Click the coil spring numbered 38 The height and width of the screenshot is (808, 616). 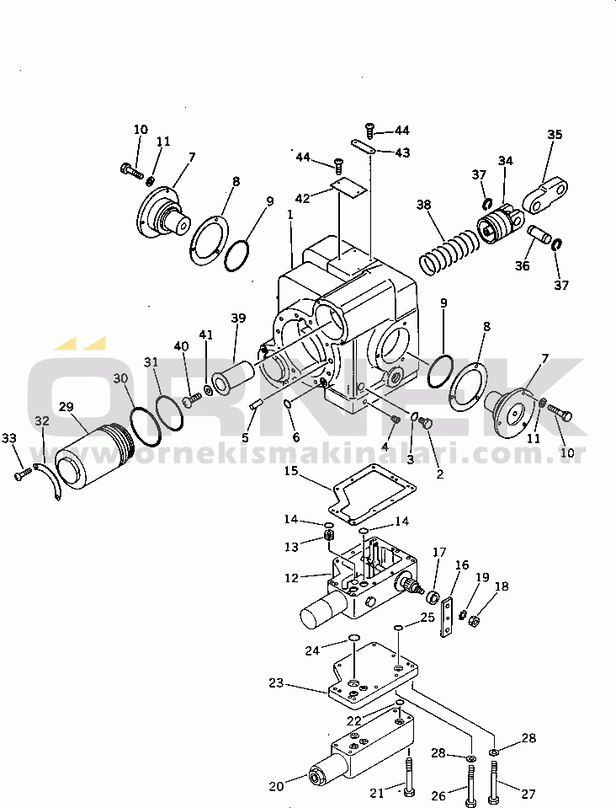(449, 252)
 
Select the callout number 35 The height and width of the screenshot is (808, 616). (555, 135)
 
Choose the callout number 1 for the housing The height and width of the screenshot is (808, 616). (290, 213)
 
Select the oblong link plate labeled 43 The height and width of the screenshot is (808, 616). (364, 147)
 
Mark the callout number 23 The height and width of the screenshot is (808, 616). (276, 682)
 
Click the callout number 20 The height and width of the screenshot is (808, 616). (276, 786)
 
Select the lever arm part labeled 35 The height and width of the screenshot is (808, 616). (545, 195)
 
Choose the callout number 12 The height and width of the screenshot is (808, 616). (292, 578)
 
